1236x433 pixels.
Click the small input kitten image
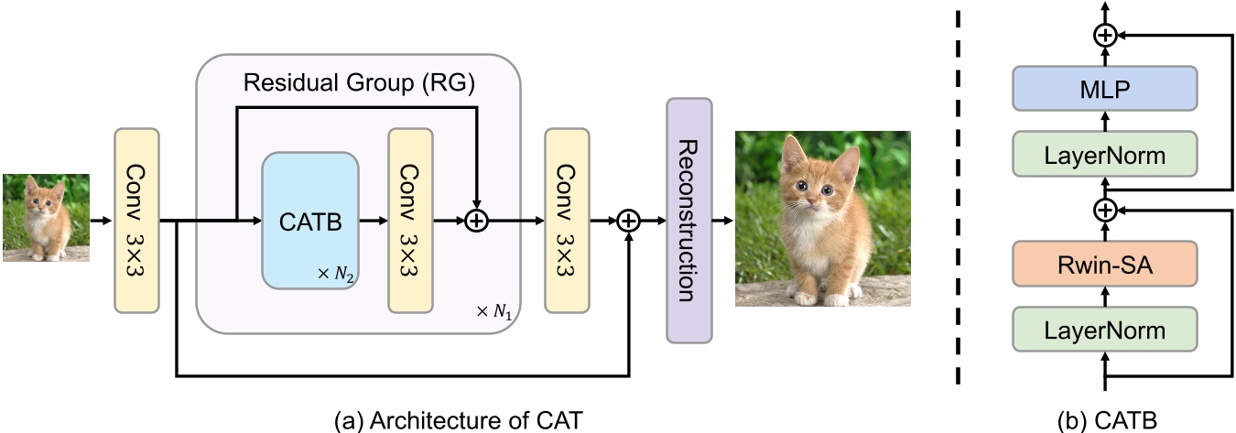point(46,218)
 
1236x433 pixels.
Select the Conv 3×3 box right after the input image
point(136,219)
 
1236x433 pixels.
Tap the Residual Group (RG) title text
point(359,84)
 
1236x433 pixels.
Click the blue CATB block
point(310,220)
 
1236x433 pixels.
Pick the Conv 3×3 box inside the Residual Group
point(410,219)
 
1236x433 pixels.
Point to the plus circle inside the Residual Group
point(475,221)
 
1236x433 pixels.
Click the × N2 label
point(334,273)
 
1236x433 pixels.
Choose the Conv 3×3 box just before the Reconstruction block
point(567,219)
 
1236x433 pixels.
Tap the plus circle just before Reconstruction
point(628,221)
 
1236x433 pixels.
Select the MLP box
point(1105,90)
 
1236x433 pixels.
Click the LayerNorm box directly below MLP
point(1105,155)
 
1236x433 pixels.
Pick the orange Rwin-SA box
point(1105,266)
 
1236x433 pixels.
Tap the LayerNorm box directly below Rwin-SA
point(1105,330)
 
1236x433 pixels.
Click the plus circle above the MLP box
point(1105,35)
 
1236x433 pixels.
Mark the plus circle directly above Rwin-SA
point(1105,211)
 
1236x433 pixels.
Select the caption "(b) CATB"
point(1105,419)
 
